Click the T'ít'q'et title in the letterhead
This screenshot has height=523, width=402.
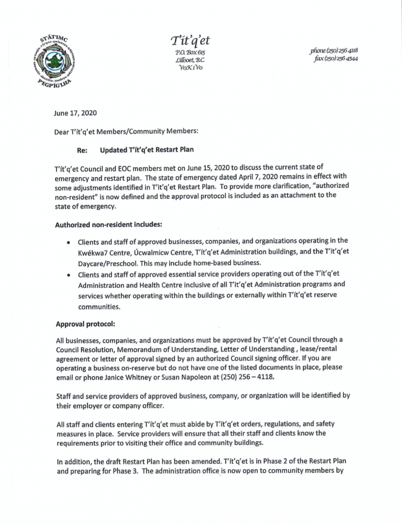click(190, 41)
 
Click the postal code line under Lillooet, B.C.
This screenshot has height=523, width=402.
click(190, 69)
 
